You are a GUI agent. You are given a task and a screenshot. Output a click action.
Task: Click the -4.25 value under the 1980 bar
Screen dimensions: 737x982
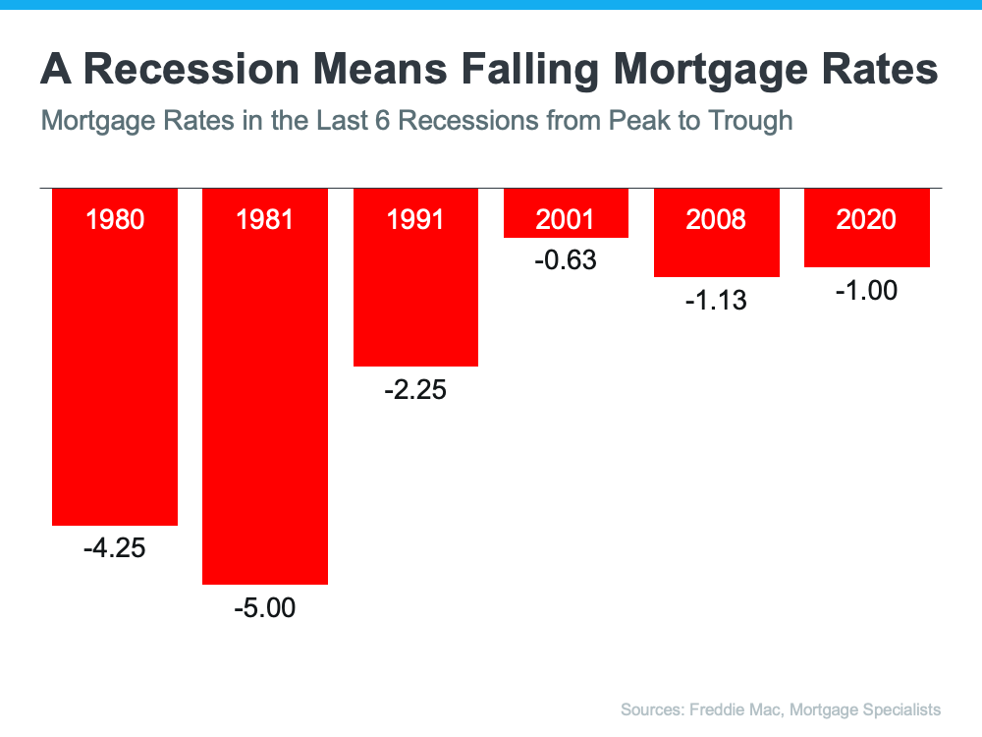pyautogui.click(x=114, y=548)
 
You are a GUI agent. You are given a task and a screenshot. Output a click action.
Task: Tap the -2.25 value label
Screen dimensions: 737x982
pyautogui.click(x=414, y=390)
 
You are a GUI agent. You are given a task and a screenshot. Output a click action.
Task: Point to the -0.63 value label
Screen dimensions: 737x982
pyautogui.click(x=565, y=261)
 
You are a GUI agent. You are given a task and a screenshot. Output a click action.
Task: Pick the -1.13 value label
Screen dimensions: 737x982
pyautogui.click(x=716, y=301)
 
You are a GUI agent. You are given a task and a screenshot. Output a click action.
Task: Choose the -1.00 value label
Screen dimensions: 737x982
pyautogui.click(x=866, y=291)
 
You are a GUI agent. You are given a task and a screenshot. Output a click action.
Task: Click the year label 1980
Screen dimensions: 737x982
pyautogui.click(x=115, y=218)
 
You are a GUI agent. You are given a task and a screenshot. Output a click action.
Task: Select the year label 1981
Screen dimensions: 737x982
pyautogui.click(x=265, y=218)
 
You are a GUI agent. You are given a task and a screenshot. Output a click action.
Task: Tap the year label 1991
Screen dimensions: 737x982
pyautogui.click(x=415, y=218)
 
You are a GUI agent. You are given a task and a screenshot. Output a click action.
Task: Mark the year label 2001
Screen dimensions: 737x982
pyautogui.click(x=566, y=218)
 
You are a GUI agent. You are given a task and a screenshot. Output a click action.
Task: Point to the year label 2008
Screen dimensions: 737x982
pyautogui.click(x=716, y=218)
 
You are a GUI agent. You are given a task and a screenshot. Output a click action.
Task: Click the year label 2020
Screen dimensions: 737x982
pyautogui.click(x=866, y=218)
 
